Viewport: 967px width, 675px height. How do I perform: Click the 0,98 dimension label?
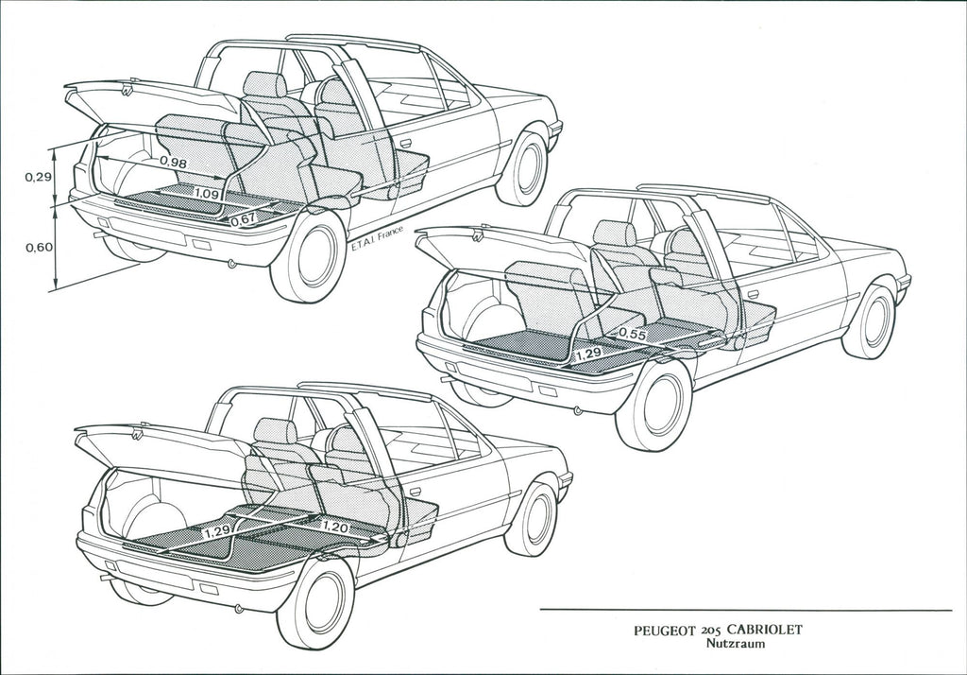tap(173, 162)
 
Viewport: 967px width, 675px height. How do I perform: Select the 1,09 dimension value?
tap(206, 193)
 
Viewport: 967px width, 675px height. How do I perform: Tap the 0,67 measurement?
tap(243, 218)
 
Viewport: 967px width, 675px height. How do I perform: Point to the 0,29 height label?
tap(38, 177)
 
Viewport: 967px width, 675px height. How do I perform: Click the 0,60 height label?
tap(38, 248)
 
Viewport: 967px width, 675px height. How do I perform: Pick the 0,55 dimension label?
tap(633, 334)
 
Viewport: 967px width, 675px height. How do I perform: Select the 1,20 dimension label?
tap(335, 527)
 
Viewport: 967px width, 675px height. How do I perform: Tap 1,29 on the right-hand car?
tap(587, 355)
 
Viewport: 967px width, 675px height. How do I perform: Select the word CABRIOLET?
tap(765, 630)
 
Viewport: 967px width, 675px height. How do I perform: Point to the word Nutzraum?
tap(736, 644)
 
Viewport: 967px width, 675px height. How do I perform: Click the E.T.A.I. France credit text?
tap(377, 239)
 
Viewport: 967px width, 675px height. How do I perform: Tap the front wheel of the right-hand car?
tap(870, 321)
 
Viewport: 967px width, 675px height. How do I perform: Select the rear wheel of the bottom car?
tap(317, 602)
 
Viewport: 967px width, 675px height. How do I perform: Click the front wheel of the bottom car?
tap(533, 519)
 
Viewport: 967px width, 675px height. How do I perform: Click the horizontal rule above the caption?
tap(746, 610)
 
